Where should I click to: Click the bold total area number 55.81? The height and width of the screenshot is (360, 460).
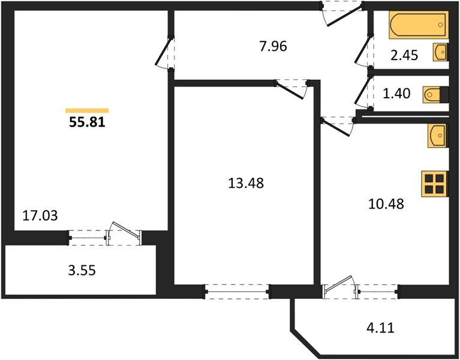click(x=87, y=122)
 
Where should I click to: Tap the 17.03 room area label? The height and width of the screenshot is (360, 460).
click(x=40, y=215)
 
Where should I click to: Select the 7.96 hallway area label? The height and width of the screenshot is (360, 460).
click(x=273, y=46)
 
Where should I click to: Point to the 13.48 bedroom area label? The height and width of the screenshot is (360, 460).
click(x=246, y=183)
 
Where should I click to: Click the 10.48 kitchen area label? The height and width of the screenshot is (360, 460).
click(x=386, y=203)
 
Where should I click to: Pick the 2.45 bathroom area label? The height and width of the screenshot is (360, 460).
click(x=404, y=55)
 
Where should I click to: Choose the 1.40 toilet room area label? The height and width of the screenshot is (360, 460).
click(x=396, y=94)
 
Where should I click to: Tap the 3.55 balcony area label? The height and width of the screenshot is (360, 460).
click(x=82, y=270)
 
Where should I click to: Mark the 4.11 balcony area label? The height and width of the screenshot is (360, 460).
click(x=380, y=328)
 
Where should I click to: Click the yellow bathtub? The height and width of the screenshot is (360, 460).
click(x=419, y=25)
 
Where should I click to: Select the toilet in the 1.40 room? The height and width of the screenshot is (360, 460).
click(x=435, y=95)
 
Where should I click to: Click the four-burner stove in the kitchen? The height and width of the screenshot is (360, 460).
click(x=435, y=184)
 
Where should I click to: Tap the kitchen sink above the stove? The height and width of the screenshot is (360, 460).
click(x=438, y=135)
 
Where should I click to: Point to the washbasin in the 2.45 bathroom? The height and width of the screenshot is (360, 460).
click(x=441, y=52)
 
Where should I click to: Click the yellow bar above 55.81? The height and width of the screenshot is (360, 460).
click(x=87, y=110)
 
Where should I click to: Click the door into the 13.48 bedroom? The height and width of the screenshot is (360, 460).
click(x=292, y=89)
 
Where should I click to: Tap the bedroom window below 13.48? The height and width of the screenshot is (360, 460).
click(x=237, y=292)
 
